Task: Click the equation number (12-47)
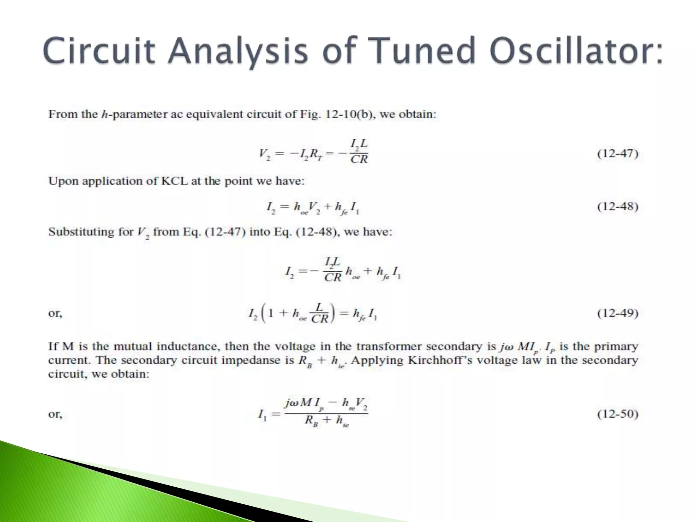pyautogui.click(x=618, y=154)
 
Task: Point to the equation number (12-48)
pyautogui.click(x=618, y=207)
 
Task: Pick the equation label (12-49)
pyautogui.click(x=618, y=313)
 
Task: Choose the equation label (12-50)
pyautogui.click(x=618, y=414)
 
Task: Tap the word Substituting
pyautogui.click(x=90, y=232)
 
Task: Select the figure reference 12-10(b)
pyautogui.click(x=350, y=114)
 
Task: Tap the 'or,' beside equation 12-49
pyautogui.click(x=55, y=313)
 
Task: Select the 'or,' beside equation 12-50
pyautogui.click(x=55, y=414)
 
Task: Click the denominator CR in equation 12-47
pyautogui.click(x=359, y=159)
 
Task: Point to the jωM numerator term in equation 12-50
pyautogui.click(x=298, y=403)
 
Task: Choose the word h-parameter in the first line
pyautogui.click(x=134, y=114)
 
